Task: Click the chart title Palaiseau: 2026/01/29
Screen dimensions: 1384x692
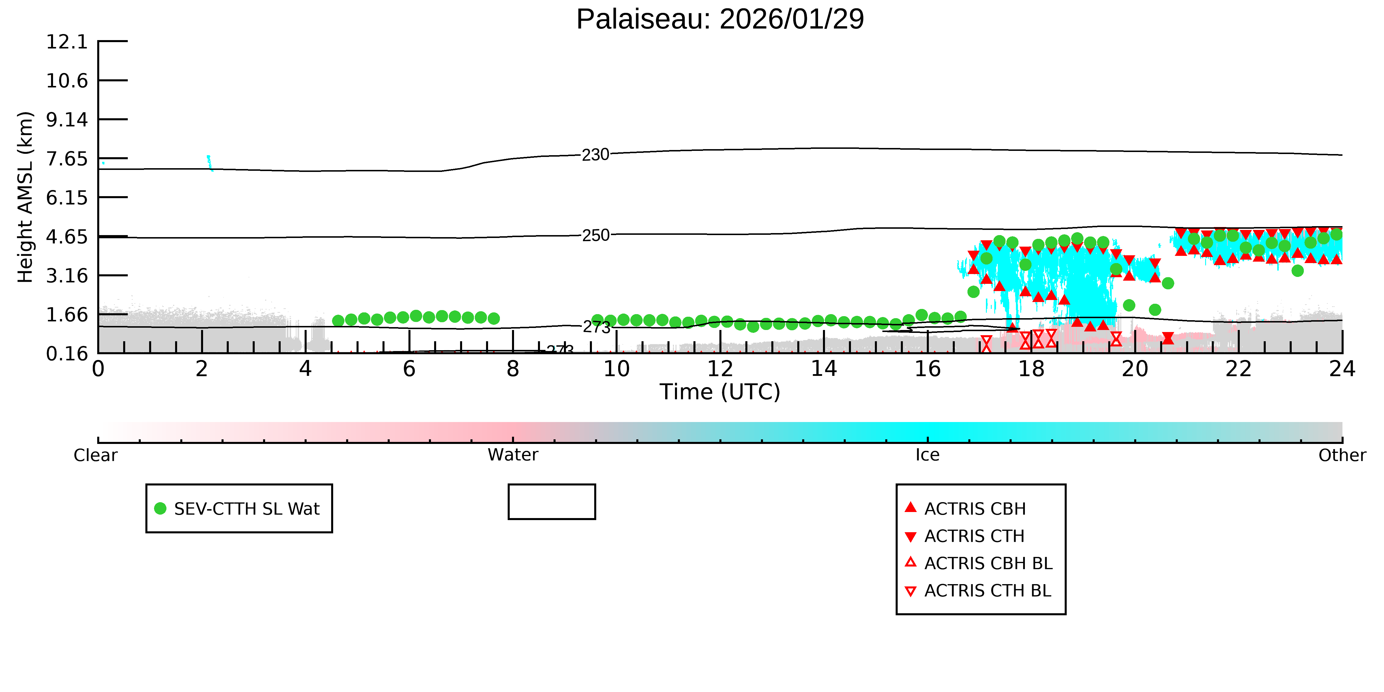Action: (x=720, y=19)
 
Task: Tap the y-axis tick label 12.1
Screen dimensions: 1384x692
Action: (x=67, y=41)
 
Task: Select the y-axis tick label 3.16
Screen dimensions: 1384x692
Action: (x=67, y=276)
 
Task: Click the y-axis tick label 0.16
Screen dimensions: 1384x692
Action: (x=67, y=354)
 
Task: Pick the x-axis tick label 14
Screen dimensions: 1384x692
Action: (x=824, y=369)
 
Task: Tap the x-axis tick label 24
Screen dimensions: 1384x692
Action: (x=1342, y=369)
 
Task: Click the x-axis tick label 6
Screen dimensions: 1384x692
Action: (x=409, y=369)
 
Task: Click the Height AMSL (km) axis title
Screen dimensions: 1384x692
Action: (x=25, y=197)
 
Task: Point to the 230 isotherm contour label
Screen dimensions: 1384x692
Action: (x=596, y=155)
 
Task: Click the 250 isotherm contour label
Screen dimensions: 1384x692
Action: (x=596, y=235)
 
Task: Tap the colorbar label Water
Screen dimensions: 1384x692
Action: (x=513, y=455)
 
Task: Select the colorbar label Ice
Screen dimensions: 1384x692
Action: (x=927, y=455)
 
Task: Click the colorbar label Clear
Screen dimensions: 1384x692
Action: (x=96, y=455)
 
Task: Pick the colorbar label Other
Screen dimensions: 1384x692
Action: (x=1342, y=455)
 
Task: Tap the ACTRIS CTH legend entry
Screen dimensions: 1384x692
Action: (x=964, y=536)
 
